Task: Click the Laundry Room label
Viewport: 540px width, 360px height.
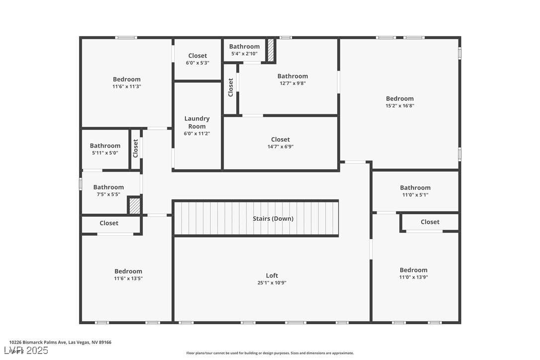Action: pos(197,122)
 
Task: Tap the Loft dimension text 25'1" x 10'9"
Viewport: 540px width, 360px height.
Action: pos(271,283)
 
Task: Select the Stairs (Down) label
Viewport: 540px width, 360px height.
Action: pos(273,218)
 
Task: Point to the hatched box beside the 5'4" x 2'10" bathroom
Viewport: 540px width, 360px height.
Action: pos(270,50)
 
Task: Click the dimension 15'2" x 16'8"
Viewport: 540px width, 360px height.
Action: pos(400,105)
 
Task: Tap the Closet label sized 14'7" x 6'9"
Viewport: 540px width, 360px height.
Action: pos(280,139)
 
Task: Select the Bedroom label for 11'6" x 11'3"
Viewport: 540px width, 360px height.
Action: pos(126,79)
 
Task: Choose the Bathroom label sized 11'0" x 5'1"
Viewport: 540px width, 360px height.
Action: pos(415,187)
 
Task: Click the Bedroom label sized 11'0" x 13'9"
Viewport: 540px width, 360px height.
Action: pos(413,270)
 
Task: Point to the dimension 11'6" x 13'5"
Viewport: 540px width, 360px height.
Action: pos(128,278)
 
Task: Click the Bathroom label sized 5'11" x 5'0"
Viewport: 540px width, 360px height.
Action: pos(105,146)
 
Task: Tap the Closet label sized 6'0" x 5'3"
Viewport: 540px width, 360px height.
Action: pos(197,56)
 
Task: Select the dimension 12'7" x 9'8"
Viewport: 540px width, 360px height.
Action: pos(292,83)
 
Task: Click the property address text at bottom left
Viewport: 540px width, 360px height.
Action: pos(60,342)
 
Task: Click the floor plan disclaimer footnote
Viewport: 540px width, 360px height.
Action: pos(270,353)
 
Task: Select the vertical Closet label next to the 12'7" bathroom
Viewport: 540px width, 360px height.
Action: pos(231,88)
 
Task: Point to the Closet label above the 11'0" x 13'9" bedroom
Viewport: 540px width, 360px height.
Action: pos(430,222)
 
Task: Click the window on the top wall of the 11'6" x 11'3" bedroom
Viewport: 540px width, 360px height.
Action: pos(126,37)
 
